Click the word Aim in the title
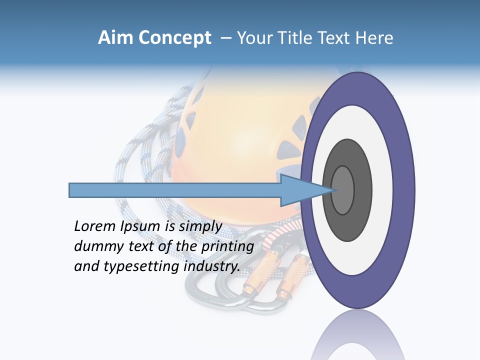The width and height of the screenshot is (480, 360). click(x=113, y=38)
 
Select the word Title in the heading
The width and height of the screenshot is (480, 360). click(x=298, y=38)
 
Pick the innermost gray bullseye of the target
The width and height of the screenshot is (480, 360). click(x=343, y=190)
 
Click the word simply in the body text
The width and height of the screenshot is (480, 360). click(x=200, y=226)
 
